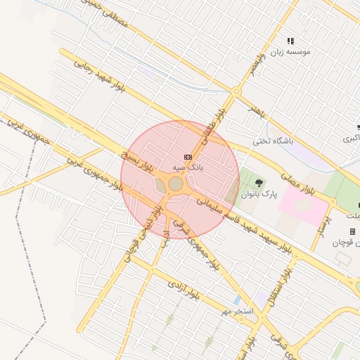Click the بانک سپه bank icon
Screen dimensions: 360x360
pos(187,157)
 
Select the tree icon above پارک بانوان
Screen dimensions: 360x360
pos(259,183)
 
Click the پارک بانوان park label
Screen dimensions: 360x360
pos(260,193)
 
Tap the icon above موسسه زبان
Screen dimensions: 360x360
pos(291,41)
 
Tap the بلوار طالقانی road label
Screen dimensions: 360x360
pos(221,120)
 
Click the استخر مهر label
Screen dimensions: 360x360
pos(236,310)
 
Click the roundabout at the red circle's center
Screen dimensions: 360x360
pos(176,184)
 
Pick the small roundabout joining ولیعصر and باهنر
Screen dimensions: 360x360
pos(237,91)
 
